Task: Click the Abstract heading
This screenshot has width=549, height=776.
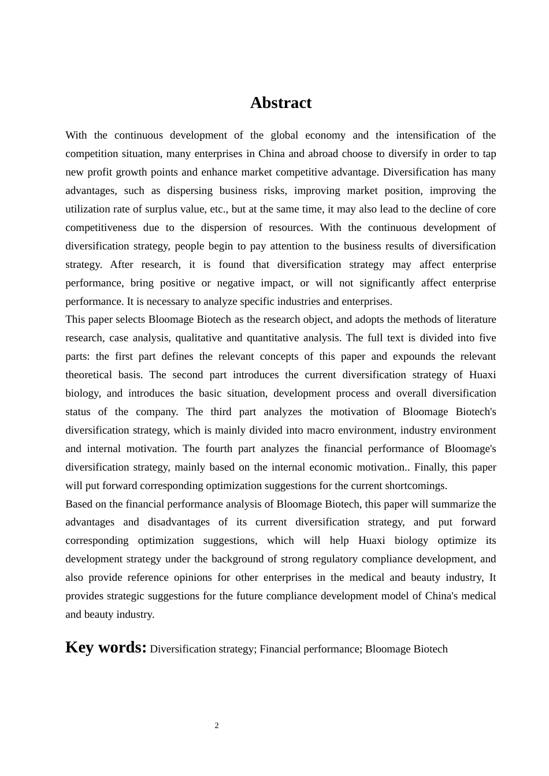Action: click(x=281, y=103)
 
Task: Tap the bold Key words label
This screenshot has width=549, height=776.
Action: click(x=106, y=647)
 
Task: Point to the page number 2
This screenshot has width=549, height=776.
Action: click(x=217, y=726)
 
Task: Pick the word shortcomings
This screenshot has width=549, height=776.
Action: click(x=416, y=486)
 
